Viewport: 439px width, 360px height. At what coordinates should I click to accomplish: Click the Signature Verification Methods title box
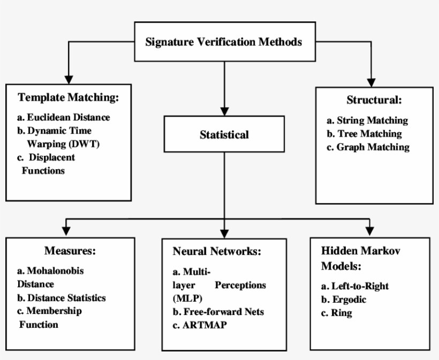(x=224, y=42)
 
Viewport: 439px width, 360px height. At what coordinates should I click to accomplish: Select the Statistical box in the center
(x=224, y=134)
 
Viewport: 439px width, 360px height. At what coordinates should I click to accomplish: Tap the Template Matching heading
(x=67, y=97)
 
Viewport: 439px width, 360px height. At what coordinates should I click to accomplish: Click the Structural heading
(x=374, y=100)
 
